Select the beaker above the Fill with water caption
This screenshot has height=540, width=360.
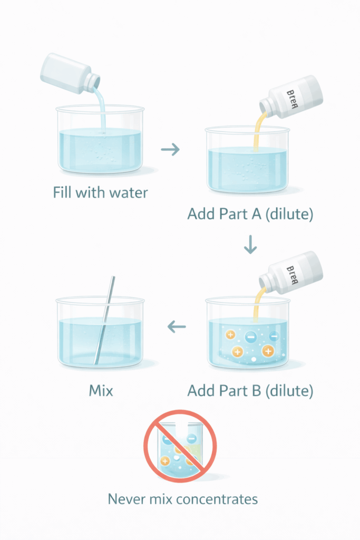pyautogui.click(x=100, y=142)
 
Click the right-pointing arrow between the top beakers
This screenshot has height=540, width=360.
pyautogui.click(x=170, y=150)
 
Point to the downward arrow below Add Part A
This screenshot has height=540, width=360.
pyautogui.click(x=250, y=245)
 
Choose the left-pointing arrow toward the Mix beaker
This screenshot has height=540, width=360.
pyautogui.click(x=177, y=327)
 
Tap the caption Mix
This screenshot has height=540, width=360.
pyautogui.click(x=100, y=391)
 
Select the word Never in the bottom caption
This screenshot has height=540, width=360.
pyautogui.click(x=125, y=498)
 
